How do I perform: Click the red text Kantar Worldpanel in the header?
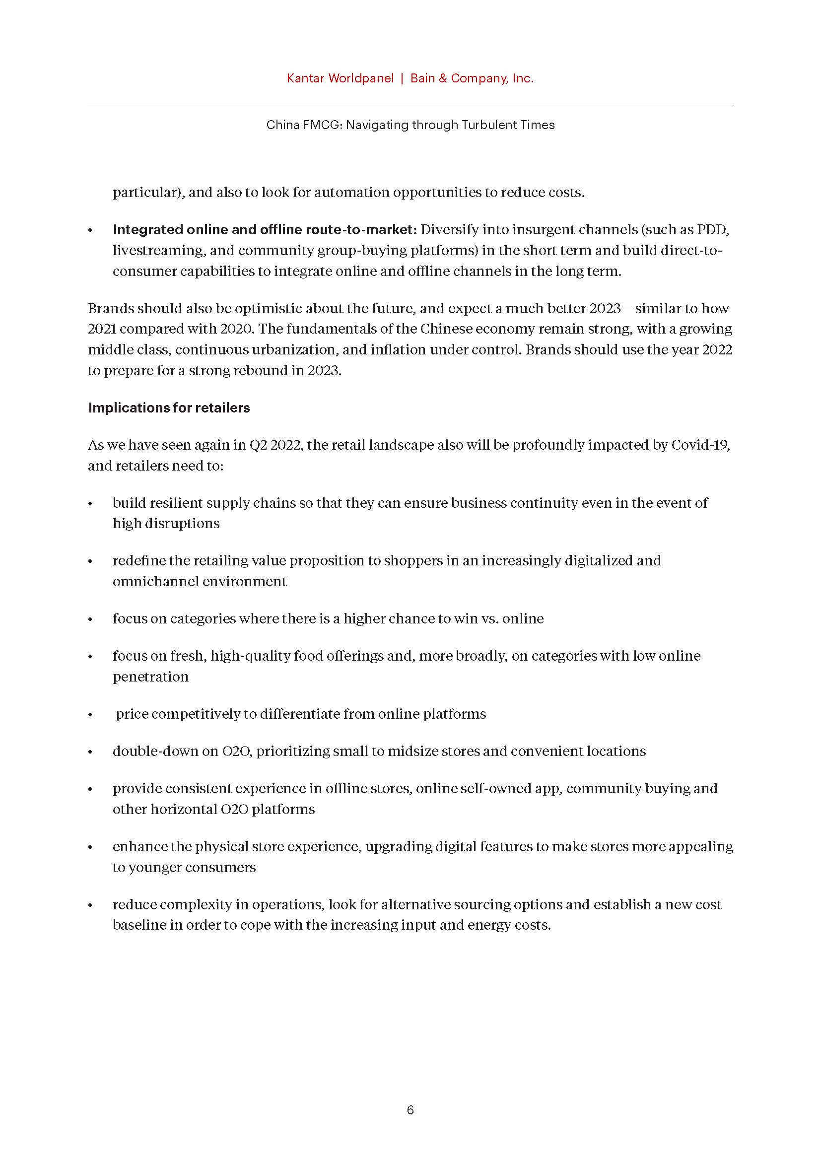[340, 78]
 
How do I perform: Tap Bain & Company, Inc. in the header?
[472, 78]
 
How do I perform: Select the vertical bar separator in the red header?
[402, 78]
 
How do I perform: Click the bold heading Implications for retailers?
[169, 408]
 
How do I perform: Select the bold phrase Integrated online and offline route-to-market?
[265, 230]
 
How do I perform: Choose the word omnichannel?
[156, 582]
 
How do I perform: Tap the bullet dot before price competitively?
[90, 715]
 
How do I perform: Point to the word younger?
[157, 868]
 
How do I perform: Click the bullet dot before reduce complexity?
[90, 906]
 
